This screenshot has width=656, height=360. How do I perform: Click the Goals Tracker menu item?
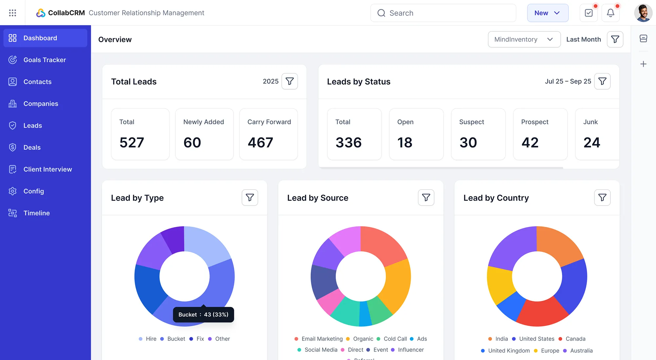(x=45, y=60)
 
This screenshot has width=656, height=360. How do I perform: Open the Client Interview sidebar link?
(x=48, y=169)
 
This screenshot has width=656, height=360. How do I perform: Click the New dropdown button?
(x=547, y=13)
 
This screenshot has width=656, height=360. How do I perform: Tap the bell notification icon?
(x=610, y=13)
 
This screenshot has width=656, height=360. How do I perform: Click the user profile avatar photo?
(x=643, y=13)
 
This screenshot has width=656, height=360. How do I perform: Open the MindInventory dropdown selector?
(x=524, y=39)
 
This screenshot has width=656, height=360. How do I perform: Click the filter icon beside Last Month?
(x=615, y=39)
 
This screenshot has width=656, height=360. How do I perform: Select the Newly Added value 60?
(x=192, y=143)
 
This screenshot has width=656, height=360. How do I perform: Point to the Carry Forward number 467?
(x=260, y=143)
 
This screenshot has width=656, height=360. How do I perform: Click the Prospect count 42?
(x=530, y=143)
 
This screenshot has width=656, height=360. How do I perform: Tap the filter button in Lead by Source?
(x=426, y=197)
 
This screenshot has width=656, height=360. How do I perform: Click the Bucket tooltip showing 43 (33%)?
(x=203, y=314)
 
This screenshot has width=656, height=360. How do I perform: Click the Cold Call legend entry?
(x=395, y=339)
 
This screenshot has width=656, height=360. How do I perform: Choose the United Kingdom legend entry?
(x=509, y=350)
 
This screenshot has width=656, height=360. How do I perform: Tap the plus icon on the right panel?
(x=643, y=64)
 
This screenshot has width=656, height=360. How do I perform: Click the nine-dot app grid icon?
(x=12, y=13)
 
